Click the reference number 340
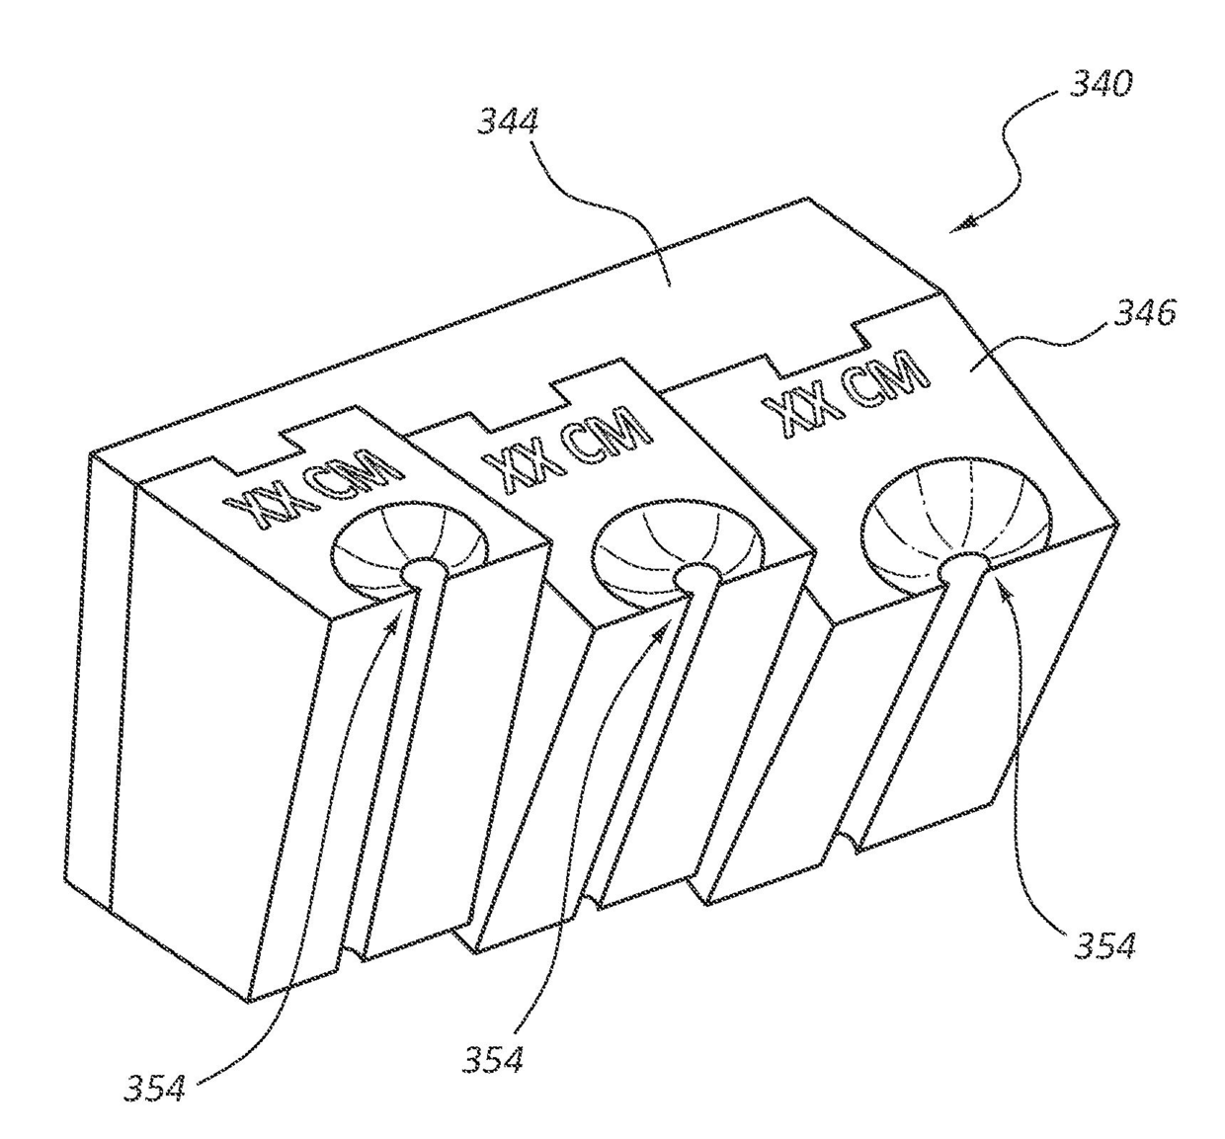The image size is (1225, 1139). [x=1100, y=85]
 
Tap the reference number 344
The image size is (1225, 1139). [x=509, y=123]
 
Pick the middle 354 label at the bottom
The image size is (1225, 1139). [x=493, y=1059]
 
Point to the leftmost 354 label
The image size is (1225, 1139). [x=154, y=1087]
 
